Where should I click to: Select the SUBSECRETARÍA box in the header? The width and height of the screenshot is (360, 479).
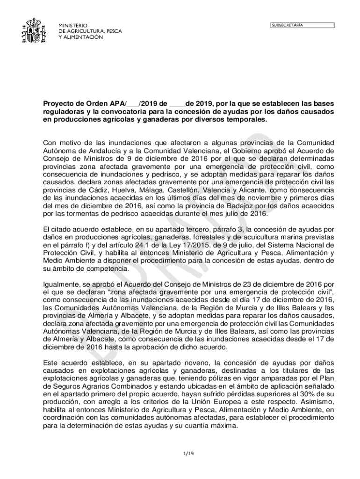tap(302, 25)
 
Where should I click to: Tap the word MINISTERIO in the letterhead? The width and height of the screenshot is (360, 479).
tap(73, 25)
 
